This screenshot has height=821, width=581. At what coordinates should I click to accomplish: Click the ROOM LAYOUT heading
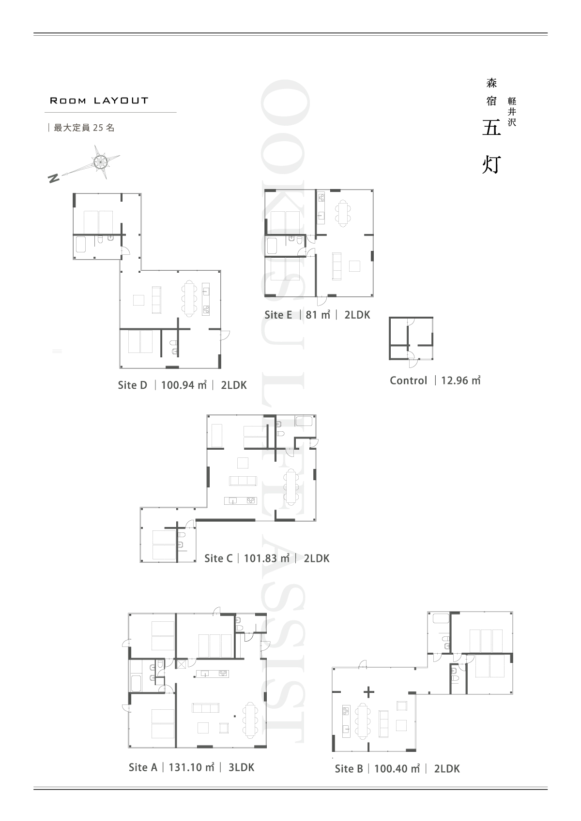[99, 101]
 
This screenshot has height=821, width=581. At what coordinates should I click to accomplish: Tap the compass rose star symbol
[101, 161]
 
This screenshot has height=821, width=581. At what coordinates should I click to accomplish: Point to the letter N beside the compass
[54, 178]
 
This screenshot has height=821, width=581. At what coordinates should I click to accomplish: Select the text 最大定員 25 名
[84, 128]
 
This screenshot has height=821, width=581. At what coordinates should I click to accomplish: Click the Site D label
[133, 385]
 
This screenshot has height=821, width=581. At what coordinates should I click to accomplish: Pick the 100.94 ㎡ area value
[184, 385]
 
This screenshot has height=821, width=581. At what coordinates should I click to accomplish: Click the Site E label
[278, 315]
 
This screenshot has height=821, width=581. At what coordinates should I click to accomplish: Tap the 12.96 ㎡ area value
[460, 381]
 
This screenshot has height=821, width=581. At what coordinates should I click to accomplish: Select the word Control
[409, 381]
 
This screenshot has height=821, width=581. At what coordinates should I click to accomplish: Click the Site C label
[218, 558]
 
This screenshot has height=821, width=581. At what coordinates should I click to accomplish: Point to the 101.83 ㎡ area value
[267, 558]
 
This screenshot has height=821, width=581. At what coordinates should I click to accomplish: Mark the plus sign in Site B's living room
[369, 692]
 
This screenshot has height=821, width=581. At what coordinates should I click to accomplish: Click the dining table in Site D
[189, 298]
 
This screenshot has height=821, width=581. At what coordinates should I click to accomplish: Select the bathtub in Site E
[272, 246]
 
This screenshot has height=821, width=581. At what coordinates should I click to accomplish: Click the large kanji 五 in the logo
[491, 128]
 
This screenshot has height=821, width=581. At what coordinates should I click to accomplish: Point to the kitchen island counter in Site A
[213, 674]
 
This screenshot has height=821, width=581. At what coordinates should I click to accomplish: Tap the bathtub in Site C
[304, 421]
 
